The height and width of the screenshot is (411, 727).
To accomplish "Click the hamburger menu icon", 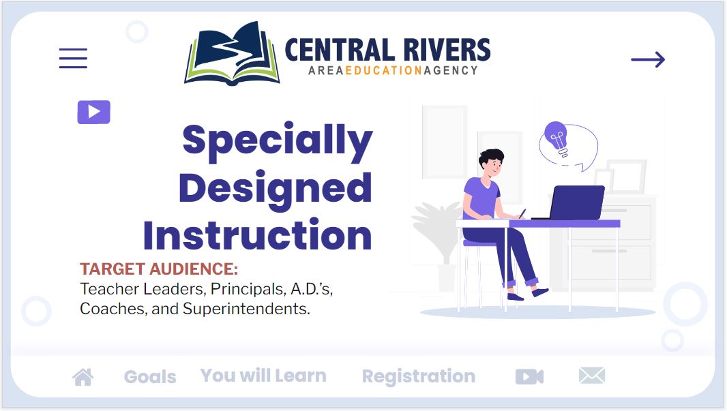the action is [x=73, y=59].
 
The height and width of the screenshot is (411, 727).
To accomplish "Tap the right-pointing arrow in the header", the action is [x=648, y=59].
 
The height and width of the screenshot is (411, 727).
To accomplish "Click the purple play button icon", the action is [x=93, y=112].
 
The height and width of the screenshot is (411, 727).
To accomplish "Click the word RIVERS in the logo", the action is [x=447, y=50].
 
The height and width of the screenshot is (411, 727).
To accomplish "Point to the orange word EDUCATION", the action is [x=383, y=70].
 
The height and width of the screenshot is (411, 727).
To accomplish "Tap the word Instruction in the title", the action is [x=257, y=235].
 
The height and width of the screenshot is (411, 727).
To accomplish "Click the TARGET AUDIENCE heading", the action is [x=159, y=269].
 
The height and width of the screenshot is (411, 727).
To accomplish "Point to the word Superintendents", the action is [x=246, y=309].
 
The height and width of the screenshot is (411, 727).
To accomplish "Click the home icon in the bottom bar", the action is [x=83, y=377].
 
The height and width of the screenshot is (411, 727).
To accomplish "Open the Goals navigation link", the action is [x=150, y=377].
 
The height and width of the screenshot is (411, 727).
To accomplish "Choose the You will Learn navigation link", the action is [x=263, y=376].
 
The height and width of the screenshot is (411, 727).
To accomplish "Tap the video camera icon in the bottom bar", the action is [x=529, y=377].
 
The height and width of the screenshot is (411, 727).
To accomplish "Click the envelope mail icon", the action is [x=592, y=376].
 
